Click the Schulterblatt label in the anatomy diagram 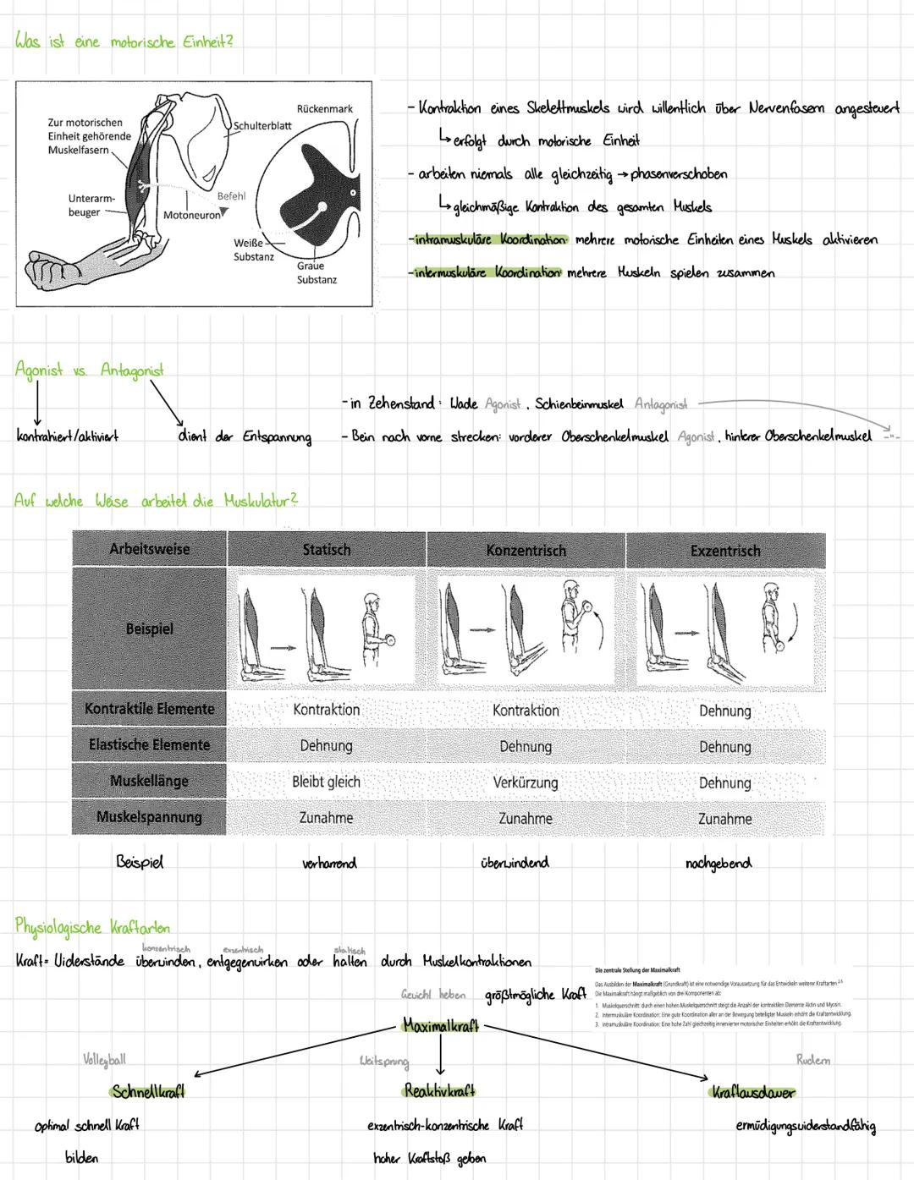click(x=262, y=125)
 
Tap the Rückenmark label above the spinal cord click(x=325, y=109)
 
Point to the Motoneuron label click(x=192, y=216)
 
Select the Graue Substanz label click(x=317, y=272)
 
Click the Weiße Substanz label click(x=254, y=250)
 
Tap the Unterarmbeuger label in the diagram click(x=91, y=206)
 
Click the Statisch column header click(x=327, y=550)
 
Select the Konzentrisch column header click(x=526, y=551)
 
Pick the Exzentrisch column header click(x=725, y=551)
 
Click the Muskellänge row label click(x=149, y=781)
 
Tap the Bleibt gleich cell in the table click(x=326, y=782)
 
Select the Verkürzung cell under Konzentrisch click(x=526, y=782)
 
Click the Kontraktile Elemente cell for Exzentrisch click(x=725, y=711)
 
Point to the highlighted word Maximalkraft click(x=441, y=1026)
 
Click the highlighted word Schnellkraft click(x=148, y=1091)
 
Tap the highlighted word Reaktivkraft click(x=440, y=1091)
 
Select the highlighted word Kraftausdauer click(x=753, y=1092)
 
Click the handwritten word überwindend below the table click(x=515, y=863)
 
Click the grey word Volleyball click(x=104, y=1060)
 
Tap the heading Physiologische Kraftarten click(x=92, y=926)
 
